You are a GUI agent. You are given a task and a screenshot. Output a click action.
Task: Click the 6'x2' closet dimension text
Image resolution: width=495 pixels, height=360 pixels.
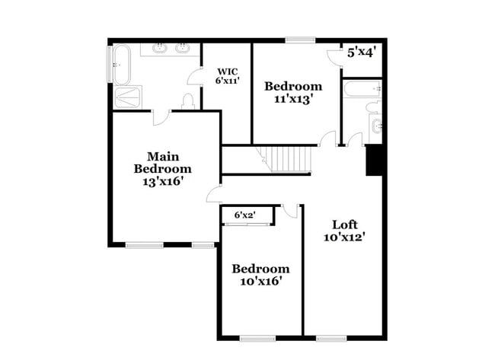244,216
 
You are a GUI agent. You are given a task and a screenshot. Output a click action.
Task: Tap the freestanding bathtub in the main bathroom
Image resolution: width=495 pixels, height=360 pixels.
123,65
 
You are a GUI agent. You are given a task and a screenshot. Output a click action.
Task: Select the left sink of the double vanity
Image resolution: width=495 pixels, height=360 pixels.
161,49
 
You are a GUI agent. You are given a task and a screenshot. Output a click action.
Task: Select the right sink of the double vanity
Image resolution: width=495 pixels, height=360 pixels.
183,49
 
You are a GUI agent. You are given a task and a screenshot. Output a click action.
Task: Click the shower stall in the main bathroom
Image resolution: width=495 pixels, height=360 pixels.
128,98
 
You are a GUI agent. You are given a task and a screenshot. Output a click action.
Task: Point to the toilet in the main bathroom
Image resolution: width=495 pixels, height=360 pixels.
188,100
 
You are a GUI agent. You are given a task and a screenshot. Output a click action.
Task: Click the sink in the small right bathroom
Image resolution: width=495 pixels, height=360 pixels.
375,126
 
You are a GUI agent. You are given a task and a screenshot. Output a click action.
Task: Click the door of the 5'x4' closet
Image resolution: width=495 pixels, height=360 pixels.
334,58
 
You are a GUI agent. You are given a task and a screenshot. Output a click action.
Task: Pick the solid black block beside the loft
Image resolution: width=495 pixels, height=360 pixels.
374,160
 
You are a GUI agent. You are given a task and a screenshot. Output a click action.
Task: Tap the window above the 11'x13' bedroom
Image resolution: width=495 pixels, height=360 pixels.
301,39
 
